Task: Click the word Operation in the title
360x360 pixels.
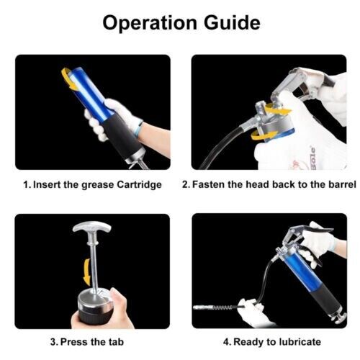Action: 150,23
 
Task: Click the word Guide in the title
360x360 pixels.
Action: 232,22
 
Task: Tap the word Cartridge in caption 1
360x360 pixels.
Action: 139,185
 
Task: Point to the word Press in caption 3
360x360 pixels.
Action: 74,342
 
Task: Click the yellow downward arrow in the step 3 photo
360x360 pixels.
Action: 87,272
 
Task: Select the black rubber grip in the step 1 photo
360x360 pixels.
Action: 123,136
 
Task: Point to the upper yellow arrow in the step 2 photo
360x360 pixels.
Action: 279,110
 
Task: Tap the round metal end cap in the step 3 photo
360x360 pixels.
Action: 96,300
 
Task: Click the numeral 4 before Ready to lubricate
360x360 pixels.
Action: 226,342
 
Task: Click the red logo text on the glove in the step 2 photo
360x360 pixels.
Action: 312,156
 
